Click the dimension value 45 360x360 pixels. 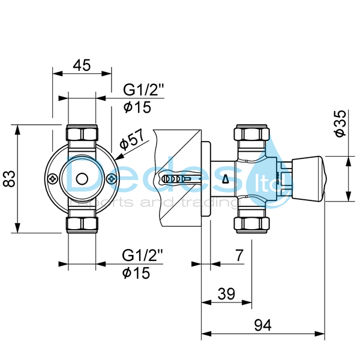coord(82,65)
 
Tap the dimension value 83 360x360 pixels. coord(8,178)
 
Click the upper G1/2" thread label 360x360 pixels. coord(143,91)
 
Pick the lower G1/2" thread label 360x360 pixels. coord(143,255)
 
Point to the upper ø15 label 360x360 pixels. coord(137,107)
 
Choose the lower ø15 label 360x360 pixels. coord(137,273)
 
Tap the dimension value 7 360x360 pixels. coord(239,255)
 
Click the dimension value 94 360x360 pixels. coord(262,326)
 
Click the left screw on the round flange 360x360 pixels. coord(54,178)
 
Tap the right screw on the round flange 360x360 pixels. coord(110,178)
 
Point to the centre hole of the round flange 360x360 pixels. coord(82,178)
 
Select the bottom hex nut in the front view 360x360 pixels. coord(82,224)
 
